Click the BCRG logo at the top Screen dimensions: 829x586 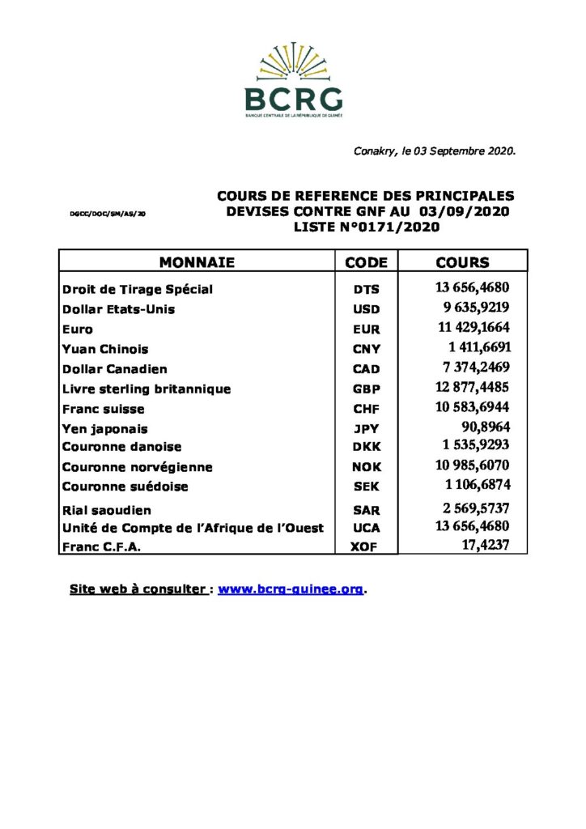(293, 81)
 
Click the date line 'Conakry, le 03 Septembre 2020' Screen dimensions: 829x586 (435, 151)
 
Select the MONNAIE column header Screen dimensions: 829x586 (197, 262)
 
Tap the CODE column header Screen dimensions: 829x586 (366, 262)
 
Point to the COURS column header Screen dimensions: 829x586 (462, 262)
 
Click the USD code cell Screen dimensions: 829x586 (366, 309)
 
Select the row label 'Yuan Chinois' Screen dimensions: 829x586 (105, 350)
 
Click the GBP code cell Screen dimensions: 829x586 (366, 389)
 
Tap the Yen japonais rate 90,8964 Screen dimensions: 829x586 (485, 427)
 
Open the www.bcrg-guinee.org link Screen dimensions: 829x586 (291, 589)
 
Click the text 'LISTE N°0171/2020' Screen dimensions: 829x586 (366, 227)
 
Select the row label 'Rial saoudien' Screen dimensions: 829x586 (107, 510)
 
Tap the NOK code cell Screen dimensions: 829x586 (366, 467)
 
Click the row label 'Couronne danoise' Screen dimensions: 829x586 (121, 447)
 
